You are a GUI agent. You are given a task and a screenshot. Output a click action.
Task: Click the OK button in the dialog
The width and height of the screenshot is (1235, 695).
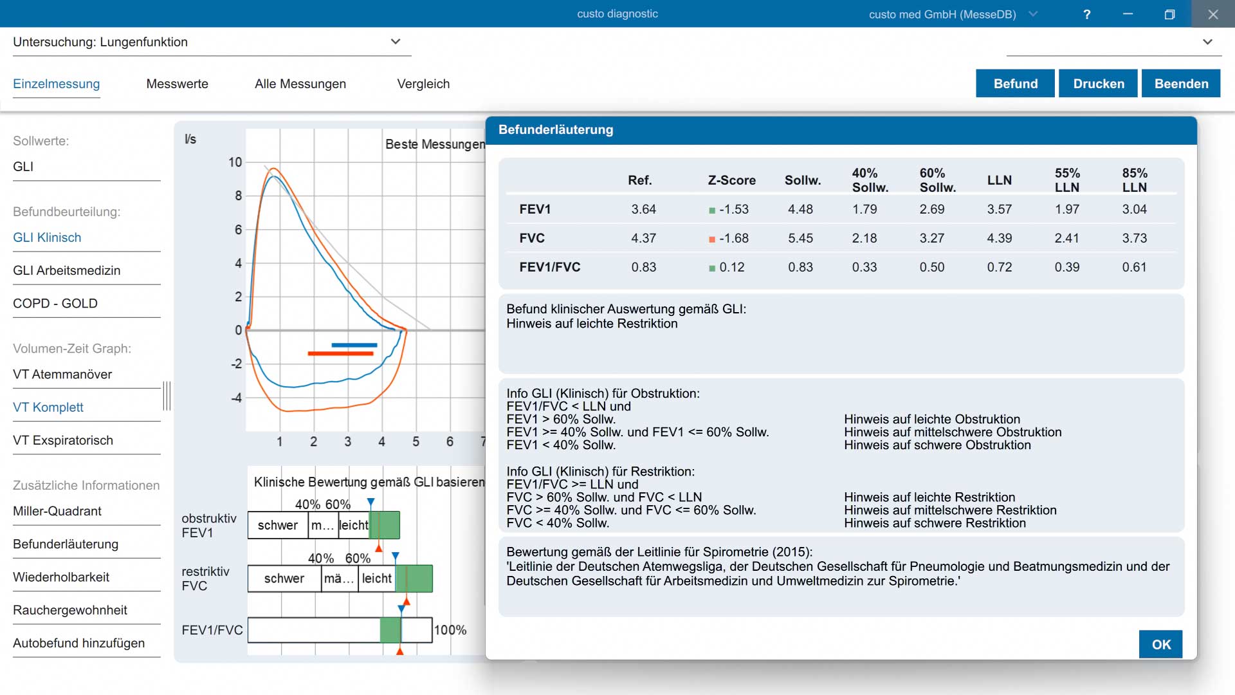tap(1160, 644)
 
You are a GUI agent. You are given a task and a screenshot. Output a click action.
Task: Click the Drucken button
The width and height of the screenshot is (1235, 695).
tap(1099, 84)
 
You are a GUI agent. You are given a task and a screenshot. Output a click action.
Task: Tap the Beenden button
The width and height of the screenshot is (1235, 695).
tap(1181, 84)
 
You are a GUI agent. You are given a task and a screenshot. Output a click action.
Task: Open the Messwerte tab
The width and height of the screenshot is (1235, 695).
tap(178, 84)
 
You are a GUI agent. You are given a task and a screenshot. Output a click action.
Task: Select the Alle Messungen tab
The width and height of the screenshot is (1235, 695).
tap(300, 84)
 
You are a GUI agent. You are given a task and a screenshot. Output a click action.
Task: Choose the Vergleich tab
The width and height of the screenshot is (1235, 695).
tap(423, 84)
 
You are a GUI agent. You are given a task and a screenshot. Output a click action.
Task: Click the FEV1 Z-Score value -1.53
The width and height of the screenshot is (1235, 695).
tap(734, 209)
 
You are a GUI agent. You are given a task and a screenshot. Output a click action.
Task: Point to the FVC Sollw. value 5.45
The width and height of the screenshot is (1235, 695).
tap(801, 238)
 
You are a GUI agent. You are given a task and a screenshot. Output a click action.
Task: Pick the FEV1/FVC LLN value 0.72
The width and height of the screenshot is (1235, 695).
tap(1000, 267)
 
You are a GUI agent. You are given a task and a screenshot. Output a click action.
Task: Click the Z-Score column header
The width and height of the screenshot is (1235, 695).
tap(732, 180)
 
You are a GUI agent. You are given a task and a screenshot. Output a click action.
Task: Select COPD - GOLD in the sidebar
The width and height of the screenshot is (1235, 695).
tap(55, 303)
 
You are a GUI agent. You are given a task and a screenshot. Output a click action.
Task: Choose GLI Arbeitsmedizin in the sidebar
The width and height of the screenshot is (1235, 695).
tap(67, 270)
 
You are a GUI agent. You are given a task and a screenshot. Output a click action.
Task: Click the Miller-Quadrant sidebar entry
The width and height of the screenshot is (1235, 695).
tap(57, 511)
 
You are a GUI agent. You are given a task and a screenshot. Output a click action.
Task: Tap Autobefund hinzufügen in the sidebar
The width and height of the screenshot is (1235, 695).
tap(78, 643)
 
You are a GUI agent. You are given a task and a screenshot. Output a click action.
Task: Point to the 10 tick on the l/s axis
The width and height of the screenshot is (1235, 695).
tap(235, 162)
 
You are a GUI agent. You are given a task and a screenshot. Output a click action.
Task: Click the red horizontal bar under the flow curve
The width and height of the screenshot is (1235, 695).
tap(341, 353)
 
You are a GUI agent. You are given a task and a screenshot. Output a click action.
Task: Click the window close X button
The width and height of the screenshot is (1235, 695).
tap(1213, 14)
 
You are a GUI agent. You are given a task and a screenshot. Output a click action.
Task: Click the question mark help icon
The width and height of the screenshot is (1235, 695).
tap(1087, 14)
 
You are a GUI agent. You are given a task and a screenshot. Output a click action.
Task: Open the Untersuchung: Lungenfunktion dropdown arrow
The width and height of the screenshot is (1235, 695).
tap(396, 42)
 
